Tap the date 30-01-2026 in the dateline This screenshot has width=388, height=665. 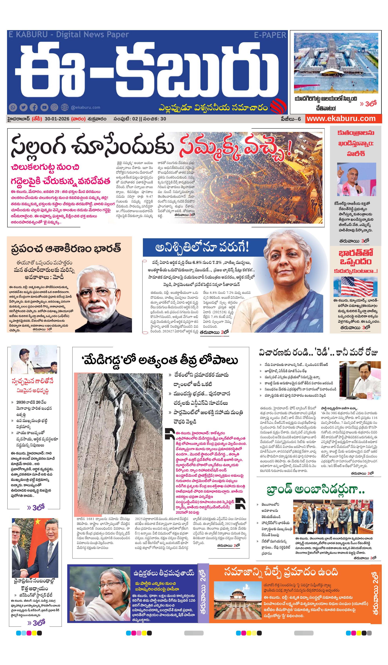point(57,119)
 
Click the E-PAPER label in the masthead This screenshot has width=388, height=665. point(270,35)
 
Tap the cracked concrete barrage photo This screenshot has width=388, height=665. point(120,443)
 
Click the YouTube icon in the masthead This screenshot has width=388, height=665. point(44,107)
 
